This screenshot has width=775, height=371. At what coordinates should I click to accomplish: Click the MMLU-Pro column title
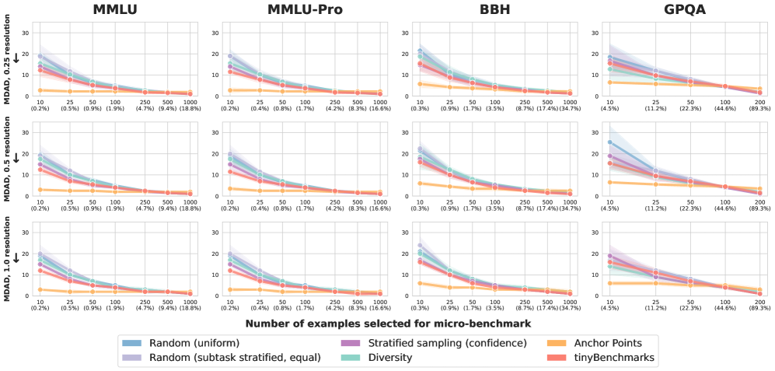tap(303, 11)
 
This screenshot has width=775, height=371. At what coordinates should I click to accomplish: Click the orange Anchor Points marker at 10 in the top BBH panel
tap(420, 84)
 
